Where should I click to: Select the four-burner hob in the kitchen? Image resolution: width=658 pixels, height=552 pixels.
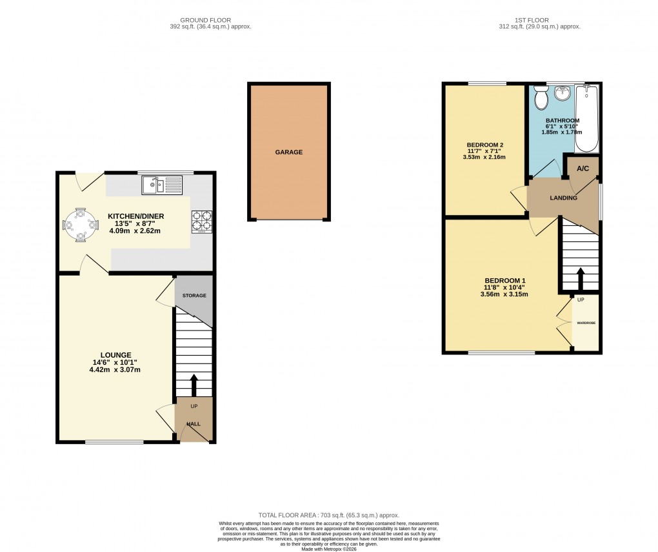tap(201, 221)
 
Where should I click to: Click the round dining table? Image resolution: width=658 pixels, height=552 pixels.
tap(81, 225)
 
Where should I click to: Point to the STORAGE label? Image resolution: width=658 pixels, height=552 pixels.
tap(194, 296)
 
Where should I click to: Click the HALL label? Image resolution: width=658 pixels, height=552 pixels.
tap(194, 424)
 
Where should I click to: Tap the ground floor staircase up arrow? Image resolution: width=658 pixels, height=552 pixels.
tap(194, 384)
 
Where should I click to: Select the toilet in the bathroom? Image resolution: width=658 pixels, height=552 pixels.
tap(541, 99)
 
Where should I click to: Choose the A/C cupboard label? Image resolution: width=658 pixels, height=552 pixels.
tap(583, 169)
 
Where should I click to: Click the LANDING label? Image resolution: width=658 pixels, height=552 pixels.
tap(563, 198)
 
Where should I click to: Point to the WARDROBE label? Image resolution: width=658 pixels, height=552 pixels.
tap(586, 322)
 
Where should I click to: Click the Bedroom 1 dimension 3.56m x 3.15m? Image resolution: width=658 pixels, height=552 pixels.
tap(504, 294)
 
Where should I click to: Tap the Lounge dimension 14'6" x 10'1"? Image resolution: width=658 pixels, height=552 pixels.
tap(115, 362)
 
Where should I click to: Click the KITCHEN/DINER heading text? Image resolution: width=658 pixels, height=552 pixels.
tap(135, 216)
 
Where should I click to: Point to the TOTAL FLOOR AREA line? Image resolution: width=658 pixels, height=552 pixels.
tap(328, 515)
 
